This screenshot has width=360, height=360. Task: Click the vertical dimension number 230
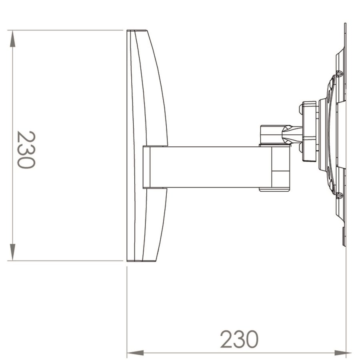pos(26,150)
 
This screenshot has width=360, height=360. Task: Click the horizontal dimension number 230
pos(239,339)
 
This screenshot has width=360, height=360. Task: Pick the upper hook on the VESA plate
pos(339,74)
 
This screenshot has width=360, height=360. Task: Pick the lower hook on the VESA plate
pos(339,195)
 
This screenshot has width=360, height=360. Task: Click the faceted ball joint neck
pos(291,134)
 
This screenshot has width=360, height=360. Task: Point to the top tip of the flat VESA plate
pos(345,25)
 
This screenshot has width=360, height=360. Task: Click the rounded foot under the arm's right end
pos(274,189)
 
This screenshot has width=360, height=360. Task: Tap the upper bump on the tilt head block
pos(300,108)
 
